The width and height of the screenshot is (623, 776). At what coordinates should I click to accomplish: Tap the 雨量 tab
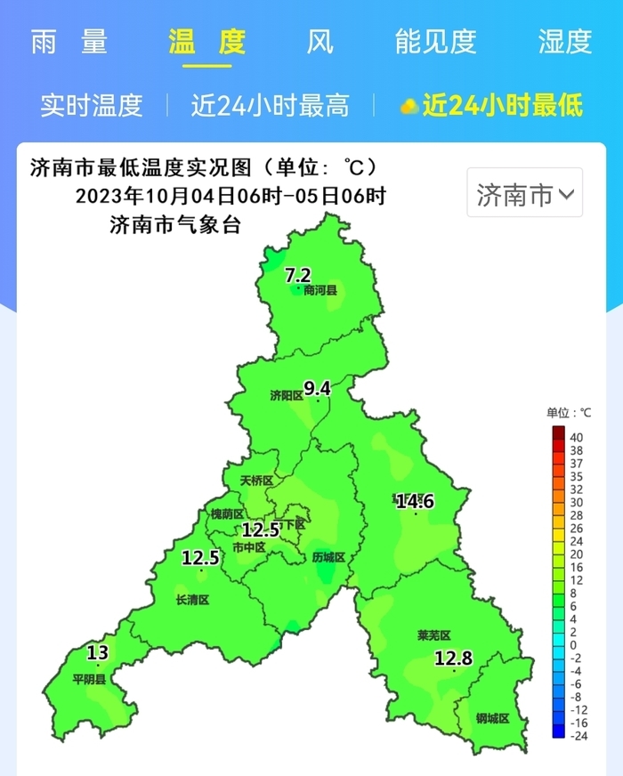coord(69,42)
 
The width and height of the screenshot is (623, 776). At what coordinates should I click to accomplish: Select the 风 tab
coord(320,42)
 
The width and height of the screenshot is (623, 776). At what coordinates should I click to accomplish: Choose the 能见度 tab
coord(436,42)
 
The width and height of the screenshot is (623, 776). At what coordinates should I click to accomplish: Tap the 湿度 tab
coord(565,42)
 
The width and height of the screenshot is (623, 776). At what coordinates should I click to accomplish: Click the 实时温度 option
coord(91,106)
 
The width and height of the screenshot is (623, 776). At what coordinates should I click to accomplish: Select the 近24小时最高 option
coord(270,106)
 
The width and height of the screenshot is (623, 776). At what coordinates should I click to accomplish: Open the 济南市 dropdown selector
coord(525,193)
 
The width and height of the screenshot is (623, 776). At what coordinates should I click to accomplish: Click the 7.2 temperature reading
coord(297,275)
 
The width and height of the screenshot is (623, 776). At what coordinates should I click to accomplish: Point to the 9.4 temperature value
coord(317,388)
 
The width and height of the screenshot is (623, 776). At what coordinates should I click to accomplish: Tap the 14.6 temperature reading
coord(415,502)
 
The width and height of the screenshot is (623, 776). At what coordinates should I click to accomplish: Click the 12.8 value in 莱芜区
coord(453,659)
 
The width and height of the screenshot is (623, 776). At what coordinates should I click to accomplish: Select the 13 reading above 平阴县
coord(98,654)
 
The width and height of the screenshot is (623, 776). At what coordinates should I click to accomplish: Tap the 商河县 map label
coord(320,291)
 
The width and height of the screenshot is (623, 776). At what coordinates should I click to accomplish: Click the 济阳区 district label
coord(287,395)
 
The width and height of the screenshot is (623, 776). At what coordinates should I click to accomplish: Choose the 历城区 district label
coord(328,558)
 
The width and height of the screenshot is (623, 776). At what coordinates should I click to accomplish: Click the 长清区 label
coord(192,600)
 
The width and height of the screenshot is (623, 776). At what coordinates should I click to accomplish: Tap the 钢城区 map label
coord(492,718)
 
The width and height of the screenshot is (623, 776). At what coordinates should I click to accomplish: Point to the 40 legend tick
coord(576,438)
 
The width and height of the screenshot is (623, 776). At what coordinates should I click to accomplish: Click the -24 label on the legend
coord(578,735)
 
